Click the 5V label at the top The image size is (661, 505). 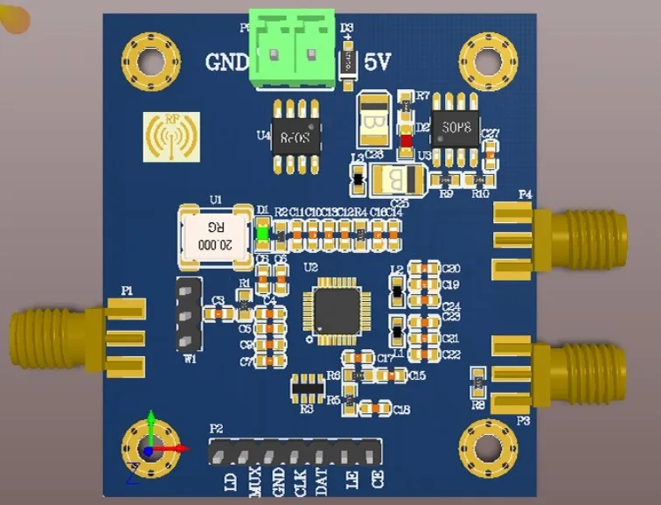pos(378,63)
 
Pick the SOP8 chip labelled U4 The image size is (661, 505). pos(296,137)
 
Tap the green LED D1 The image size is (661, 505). pos(262,233)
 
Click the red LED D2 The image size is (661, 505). pos(406,139)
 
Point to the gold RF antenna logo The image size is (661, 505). pos(171,137)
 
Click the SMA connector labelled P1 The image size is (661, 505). pos(70,337)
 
